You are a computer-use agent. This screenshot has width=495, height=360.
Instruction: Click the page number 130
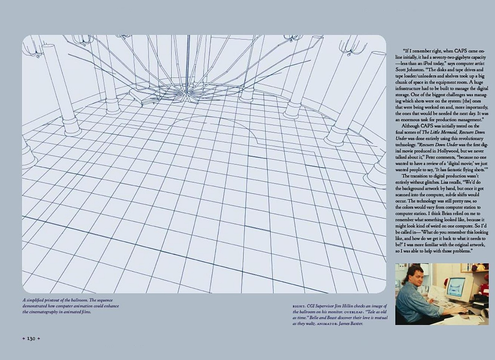point(31,338)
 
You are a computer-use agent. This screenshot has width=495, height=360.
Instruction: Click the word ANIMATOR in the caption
point(327,324)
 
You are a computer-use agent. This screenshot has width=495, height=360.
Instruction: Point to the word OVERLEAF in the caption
point(354,312)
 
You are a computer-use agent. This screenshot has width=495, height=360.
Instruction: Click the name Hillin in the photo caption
point(346,306)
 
